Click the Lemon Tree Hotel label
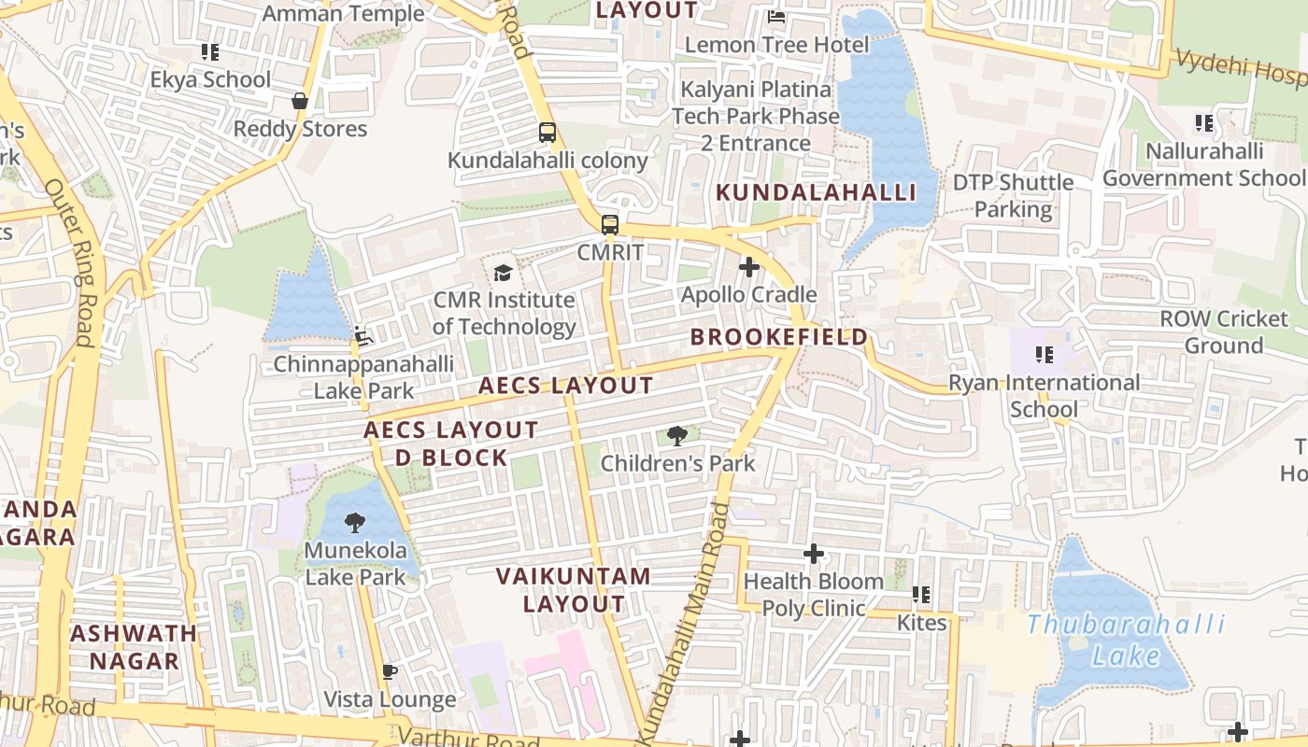point(776,45)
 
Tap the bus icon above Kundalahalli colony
point(547,133)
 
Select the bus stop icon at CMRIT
point(610,225)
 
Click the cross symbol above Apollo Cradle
point(748,268)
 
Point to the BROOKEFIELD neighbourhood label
point(779,337)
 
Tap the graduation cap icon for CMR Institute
point(504,273)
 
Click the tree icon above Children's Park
point(677,435)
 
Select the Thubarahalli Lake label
point(1127,640)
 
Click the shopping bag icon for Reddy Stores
point(300,101)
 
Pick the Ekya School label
point(210,79)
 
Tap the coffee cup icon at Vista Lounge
point(390,671)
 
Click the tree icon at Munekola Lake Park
point(355,523)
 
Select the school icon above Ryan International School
point(1044,355)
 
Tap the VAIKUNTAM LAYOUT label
point(574,589)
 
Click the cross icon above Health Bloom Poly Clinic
point(814,554)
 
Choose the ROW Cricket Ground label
point(1223,331)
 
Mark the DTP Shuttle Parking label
point(1013,195)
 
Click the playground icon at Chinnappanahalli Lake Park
point(363,336)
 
